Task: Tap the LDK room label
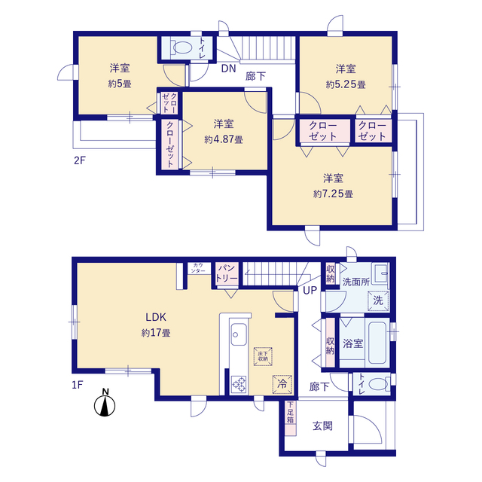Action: pos(156,317)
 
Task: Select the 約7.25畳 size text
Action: pos(333,194)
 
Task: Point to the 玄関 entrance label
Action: pos(322,426)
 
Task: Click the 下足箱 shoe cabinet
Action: pos(291,418)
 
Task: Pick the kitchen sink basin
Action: pos(239,334)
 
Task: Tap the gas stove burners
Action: pos(239,384)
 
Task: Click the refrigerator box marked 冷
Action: pos(282,384)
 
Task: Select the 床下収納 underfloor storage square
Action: pos(263,356)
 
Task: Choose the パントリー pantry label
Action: pos(227,273)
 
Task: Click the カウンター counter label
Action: pos(198,268)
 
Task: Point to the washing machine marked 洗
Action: pos(378,300)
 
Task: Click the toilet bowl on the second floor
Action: pos(182,47)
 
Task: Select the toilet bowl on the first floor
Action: pos(378,384)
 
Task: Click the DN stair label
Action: pos(229,69)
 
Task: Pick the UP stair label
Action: pos(310,290)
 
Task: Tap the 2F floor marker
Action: pos(79,160)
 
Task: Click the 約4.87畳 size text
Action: pos(224,140)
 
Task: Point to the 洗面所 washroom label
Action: pos(356,282)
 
